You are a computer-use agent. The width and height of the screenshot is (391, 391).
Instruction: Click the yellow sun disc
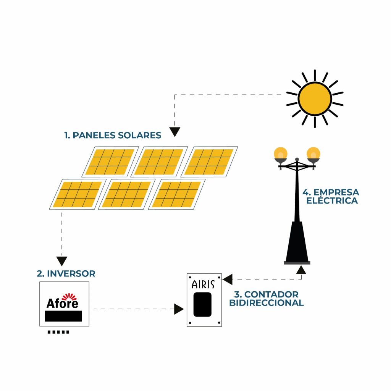pos(315,99)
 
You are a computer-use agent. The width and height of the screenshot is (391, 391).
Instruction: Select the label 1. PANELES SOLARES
pos(113,135)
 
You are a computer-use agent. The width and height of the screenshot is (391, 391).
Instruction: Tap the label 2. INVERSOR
pos(66,273)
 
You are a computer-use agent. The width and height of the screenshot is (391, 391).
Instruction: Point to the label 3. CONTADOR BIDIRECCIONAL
pos(266,299)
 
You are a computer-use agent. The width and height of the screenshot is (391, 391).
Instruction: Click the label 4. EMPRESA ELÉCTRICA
pos(331,196)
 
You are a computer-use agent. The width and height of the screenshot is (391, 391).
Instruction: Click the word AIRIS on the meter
pos(203,284)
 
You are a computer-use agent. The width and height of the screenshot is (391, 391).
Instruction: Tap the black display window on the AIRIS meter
pos(202,304)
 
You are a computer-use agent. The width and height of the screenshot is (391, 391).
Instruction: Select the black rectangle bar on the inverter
pos(63,316)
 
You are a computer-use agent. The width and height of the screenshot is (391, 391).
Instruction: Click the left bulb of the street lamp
pos(281,153)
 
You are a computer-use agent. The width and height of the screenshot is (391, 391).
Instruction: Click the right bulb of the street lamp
pos(313,153)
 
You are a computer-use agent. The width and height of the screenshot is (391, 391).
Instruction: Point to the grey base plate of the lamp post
pos(297,263)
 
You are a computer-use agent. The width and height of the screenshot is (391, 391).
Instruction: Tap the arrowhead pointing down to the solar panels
pos(174,132)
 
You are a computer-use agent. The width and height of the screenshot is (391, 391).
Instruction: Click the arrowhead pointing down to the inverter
pos(62,261)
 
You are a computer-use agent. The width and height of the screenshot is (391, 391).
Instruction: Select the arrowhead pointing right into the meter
pos(179,309)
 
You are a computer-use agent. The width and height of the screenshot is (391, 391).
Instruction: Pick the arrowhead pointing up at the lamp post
pos(301,270)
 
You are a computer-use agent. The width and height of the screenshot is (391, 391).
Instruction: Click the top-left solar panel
pos(110,162)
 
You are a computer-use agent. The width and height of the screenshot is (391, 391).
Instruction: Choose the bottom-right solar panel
pos(177,194)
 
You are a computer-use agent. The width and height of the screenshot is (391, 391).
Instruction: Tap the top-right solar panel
pos(209,162)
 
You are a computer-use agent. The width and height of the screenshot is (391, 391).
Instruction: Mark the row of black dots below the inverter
pos(58,332)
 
